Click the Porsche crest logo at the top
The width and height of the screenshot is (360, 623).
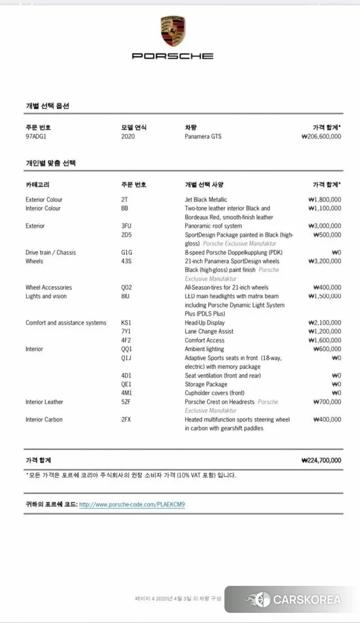pyautogui.click(x=173, y=32)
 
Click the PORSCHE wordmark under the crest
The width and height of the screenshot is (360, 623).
pyautogui.click(x=173, y=56)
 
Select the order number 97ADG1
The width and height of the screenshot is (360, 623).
pyautogui.click(x=37, y=137)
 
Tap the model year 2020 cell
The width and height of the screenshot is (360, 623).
pyautogui.click(x=128, y=137)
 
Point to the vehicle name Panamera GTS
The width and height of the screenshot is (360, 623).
pyautogui.click(x=205, y=137)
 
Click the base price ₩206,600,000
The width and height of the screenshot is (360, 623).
pyautogui.click(x=321, y=137)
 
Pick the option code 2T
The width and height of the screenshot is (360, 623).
pyautogui.click(x=124, y=200)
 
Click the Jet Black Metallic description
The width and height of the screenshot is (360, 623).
pyautogui.click(x=206, y=200)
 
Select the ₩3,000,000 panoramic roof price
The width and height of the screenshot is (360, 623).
pyautogui.click(x=325, y=226)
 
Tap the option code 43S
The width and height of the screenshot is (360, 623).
pyautogui.click(x=126, y=261)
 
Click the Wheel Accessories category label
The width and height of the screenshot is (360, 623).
pyautogui.click(x=48, y=288)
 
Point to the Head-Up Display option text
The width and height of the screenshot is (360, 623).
pyautogui.click(x=205, y=323)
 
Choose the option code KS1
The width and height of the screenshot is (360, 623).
pyautogui.click(x=126, y=323)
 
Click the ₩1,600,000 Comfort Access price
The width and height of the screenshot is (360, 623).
pyautogui.click(x=325, y=340)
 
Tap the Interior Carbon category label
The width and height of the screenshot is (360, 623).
pyautogui.click(x=44, y=420)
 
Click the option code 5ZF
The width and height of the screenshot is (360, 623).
pyautogui.click(x=126, y=402)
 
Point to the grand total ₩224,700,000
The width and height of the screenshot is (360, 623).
pyautogui.click(x=321, y=460)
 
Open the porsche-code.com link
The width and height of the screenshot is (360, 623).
pyautogui.click(x=132, y=505)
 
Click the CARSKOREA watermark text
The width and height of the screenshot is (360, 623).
pyautogui.click(x=307, y=600)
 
